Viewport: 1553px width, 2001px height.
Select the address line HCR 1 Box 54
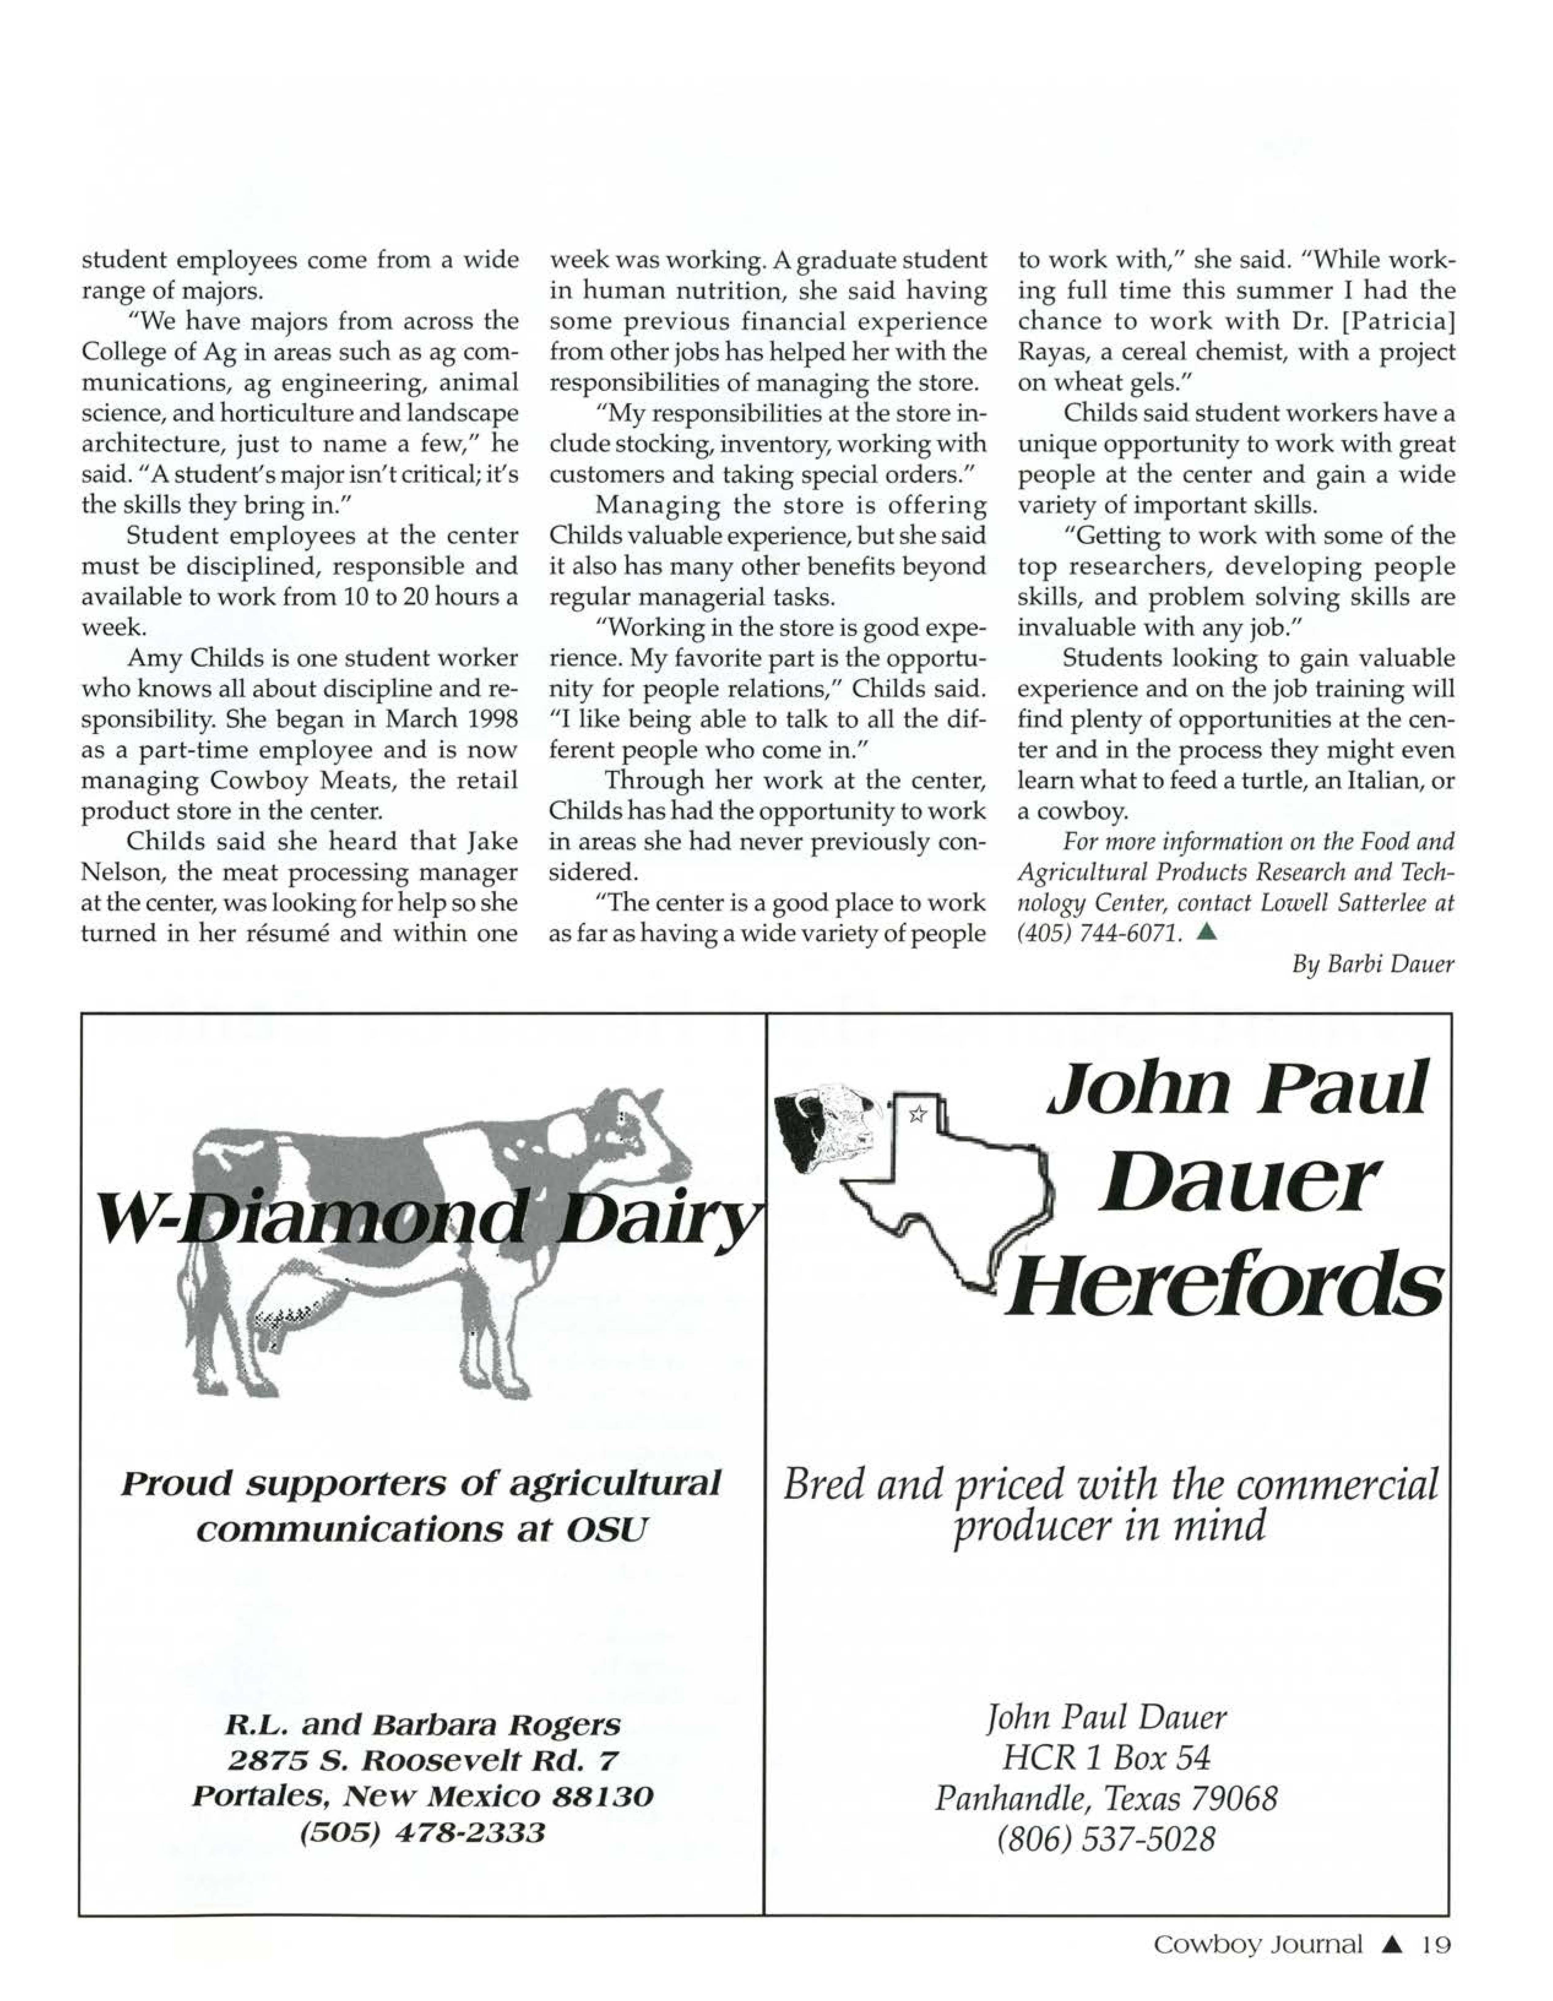(x=1106, y=1757)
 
